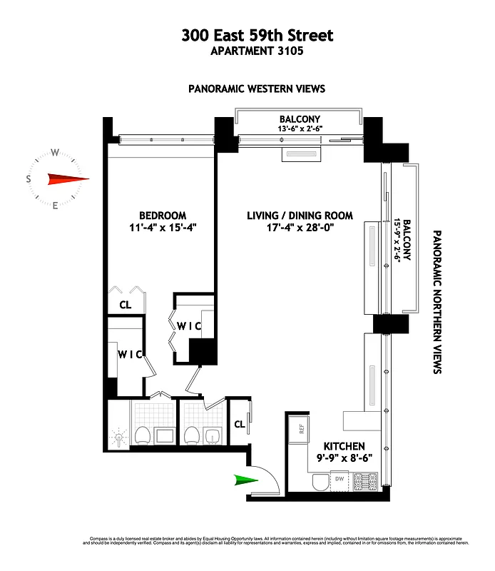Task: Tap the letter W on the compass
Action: pos(55,152)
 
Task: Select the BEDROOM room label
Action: pos(163,216)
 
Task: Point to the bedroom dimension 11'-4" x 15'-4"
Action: pos(163,228)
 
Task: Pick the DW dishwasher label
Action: pos(340,479)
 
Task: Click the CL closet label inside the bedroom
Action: pos(125,305)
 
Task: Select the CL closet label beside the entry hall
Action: pos(240,424)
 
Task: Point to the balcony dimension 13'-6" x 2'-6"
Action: pos(300,129)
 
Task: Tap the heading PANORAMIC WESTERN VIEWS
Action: pos(257,89)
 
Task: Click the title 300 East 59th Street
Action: pos(247,34)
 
